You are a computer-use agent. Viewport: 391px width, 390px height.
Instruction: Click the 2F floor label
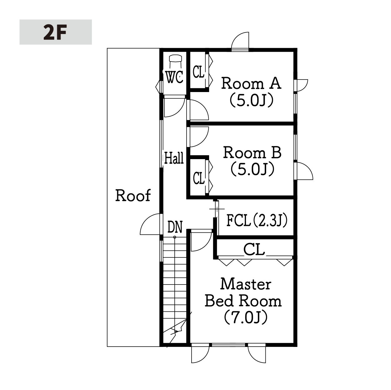(55, 32)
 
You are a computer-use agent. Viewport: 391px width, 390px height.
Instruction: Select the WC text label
(174, 77)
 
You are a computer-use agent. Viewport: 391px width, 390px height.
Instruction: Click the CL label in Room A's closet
(198, 72)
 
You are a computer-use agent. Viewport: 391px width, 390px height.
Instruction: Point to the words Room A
(251, 83)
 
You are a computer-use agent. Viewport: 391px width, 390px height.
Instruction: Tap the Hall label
(174, 158)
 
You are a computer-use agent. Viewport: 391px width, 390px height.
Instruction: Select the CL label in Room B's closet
(199, 178)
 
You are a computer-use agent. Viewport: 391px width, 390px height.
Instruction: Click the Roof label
(133, 196)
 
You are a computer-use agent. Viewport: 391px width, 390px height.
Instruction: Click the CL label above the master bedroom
(254, 249)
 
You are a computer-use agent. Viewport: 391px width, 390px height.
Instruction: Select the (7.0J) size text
(246, 318)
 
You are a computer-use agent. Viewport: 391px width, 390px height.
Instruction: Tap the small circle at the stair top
(175, 237)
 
